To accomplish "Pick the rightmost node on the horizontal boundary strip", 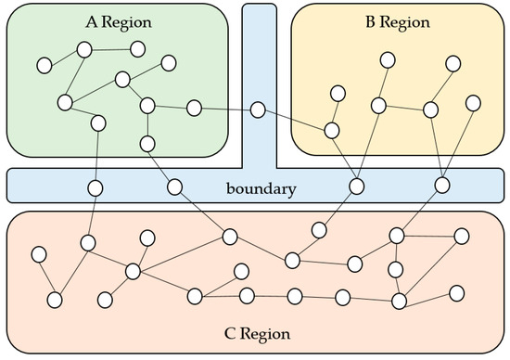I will tap(442, 186).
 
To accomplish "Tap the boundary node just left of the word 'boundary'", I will tap(173, 186).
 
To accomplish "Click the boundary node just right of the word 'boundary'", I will tap(356, 186).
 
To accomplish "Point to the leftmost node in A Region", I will tap(43, 65).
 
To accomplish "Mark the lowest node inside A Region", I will tap(147, 143).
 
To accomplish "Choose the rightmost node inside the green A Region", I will tap(194, 108).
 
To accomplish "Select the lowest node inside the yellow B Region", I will tap(332, 130).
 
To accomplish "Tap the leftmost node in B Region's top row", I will tap(387, 60).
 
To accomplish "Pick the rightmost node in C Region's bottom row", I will tap(456, 293).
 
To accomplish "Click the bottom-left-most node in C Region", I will tap(55, 300).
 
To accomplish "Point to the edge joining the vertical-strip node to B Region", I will tap(295, 121).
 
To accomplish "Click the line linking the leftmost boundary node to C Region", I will tap(91, 215).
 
